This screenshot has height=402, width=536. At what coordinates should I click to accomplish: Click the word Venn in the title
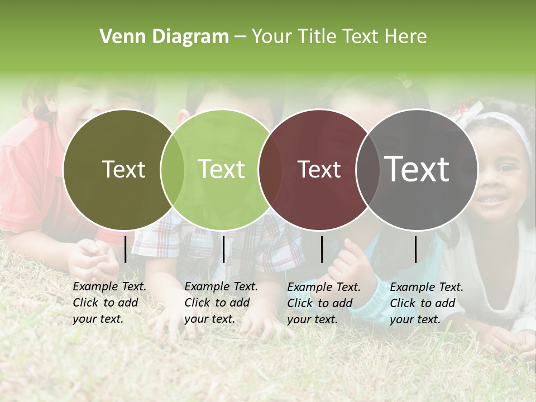(x=121, y=36)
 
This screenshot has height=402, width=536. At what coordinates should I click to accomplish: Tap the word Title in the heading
(x=317, y=36)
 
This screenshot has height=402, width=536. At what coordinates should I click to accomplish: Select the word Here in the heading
(x=406, y=36)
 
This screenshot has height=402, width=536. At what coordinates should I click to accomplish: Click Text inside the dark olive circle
(x=123, y=169)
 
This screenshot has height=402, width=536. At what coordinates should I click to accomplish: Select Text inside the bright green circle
(x=222, y=169)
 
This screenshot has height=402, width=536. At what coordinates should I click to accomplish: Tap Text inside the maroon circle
(x=319, y=169)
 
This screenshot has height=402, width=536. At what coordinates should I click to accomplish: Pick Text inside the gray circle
(x=417, y=169)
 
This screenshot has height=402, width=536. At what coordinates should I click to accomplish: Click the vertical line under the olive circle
(x=126, y=249)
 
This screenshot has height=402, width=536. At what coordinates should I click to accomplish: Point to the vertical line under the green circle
(x=224, y=249)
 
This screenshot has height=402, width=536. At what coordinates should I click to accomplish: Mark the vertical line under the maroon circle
(x=322, y=249)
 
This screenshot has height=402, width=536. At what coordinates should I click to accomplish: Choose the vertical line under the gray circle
(x=416, y=249)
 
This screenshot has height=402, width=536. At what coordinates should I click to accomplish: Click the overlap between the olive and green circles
(x=173, y=169)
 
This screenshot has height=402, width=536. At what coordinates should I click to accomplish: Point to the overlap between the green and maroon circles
(x=270, y=169)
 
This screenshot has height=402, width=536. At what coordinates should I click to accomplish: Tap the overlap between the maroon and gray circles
(x=368, y=169)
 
